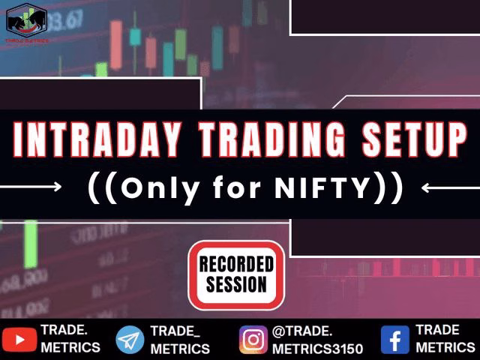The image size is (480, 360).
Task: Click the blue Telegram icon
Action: [x=130, y=340]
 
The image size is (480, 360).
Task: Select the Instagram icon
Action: [x=253, y=340]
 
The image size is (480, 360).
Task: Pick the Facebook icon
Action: [x=395, y=340]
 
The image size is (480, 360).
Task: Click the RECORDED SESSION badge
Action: [x=236, y=274]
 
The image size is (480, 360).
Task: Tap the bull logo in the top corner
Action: [x=27, y=21]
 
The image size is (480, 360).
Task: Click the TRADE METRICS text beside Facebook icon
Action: [x=445, y=339]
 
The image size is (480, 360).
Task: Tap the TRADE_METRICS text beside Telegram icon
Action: [x=179, y=340]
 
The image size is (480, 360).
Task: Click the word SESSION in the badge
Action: [x=236, y=285]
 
